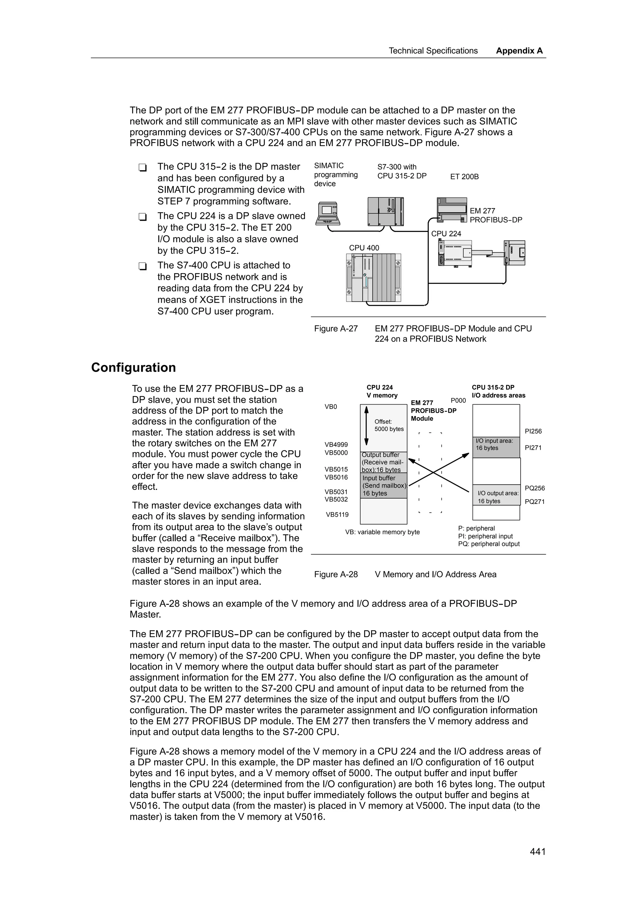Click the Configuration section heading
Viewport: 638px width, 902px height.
tap(133, 367)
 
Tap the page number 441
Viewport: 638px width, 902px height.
tap(537, 862)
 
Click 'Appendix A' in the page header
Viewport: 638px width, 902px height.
tap(519, 51)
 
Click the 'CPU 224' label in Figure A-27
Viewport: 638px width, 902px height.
tap(446, 234)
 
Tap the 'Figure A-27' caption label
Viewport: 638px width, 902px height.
tap(336, 328)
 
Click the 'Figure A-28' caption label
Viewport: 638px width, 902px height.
tap(336, 574)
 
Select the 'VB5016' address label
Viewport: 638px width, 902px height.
tap(336, 477)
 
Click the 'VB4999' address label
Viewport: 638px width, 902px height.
tap(336, 445)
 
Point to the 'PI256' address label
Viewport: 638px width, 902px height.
tap(533, 431)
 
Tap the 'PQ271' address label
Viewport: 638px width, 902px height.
tap(534, 502)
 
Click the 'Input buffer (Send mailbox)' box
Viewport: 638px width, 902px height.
tap(383, 486)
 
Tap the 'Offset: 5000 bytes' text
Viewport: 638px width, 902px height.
tap(388, 425)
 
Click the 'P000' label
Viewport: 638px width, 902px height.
tap(458, 401)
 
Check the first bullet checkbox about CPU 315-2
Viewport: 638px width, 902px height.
tap(142, 167)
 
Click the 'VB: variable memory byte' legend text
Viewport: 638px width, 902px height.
tap(382, 532)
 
